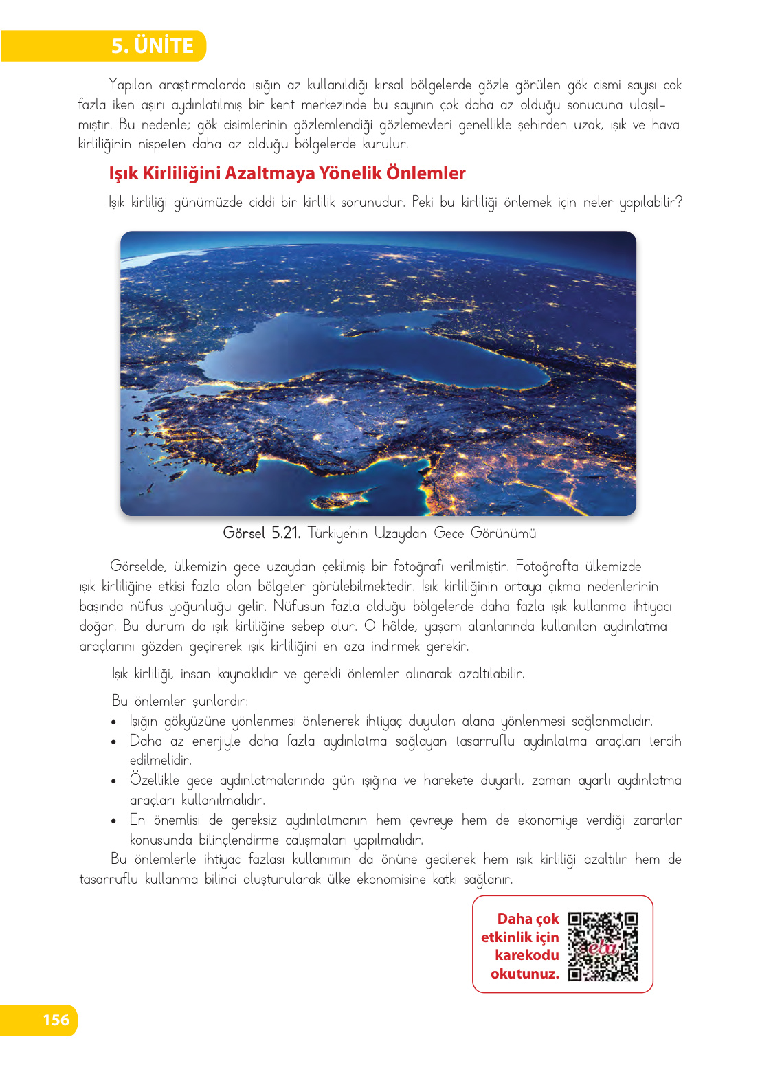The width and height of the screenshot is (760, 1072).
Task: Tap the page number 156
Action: [56, 1020]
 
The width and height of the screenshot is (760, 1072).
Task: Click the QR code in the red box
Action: [603, 946]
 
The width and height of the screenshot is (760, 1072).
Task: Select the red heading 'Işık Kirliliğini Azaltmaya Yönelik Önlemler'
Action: [287, 173]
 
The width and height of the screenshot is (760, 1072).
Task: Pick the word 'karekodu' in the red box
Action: [526, 955]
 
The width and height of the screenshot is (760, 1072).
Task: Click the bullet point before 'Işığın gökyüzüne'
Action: [114, 722]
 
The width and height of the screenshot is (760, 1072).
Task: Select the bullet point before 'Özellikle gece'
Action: [114, 781]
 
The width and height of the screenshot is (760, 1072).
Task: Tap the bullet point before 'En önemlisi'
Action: [114, 821]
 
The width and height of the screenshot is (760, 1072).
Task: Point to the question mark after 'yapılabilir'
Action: [678, 202]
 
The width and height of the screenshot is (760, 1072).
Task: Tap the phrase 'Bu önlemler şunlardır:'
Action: [180, 701]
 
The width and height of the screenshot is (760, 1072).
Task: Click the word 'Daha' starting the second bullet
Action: [146, 741]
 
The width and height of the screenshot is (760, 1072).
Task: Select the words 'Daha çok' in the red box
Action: [528, 919]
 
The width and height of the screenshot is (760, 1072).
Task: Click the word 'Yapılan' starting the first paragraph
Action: [131, 85]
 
